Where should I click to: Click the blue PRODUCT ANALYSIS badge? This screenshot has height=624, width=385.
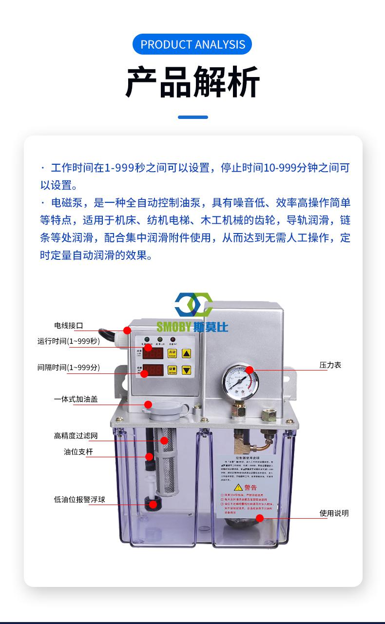click(192, 44)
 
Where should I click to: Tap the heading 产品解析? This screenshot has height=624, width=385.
click(192, 81)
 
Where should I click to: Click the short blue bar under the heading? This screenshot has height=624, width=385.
click(192, 117)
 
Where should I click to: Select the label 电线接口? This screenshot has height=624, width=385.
click(68, 326)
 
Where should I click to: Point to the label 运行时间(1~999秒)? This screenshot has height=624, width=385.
click(69, 341)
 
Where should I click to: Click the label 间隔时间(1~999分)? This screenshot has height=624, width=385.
click(69, 367)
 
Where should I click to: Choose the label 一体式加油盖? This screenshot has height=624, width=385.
click(76, 399)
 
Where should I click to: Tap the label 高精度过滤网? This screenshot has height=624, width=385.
click(76, 436)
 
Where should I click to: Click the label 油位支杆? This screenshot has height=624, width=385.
click(78, 452)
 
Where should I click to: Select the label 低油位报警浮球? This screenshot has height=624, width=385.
click(79, 500)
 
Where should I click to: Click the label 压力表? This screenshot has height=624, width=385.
click(330, 365)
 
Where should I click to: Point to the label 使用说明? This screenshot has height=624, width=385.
click(334, 513)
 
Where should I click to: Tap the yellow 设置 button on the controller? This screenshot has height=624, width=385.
click(172, 370)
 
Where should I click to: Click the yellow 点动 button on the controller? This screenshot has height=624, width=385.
click(172, 352)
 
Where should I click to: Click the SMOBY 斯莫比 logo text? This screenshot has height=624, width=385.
click(192, 327)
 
